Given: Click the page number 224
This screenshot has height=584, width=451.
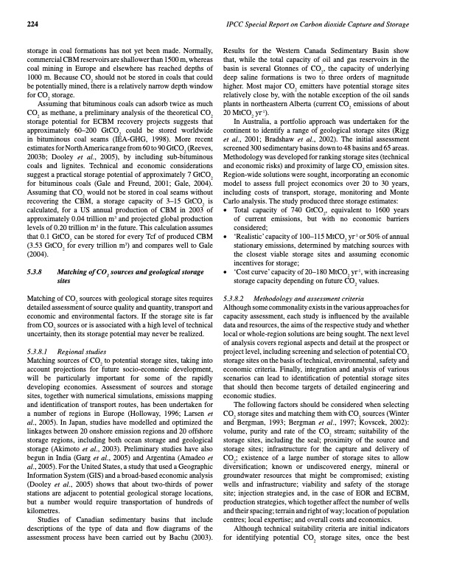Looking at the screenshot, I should (x=32, y=25).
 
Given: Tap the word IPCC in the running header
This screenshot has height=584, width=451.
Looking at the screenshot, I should (x=245, y=25).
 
